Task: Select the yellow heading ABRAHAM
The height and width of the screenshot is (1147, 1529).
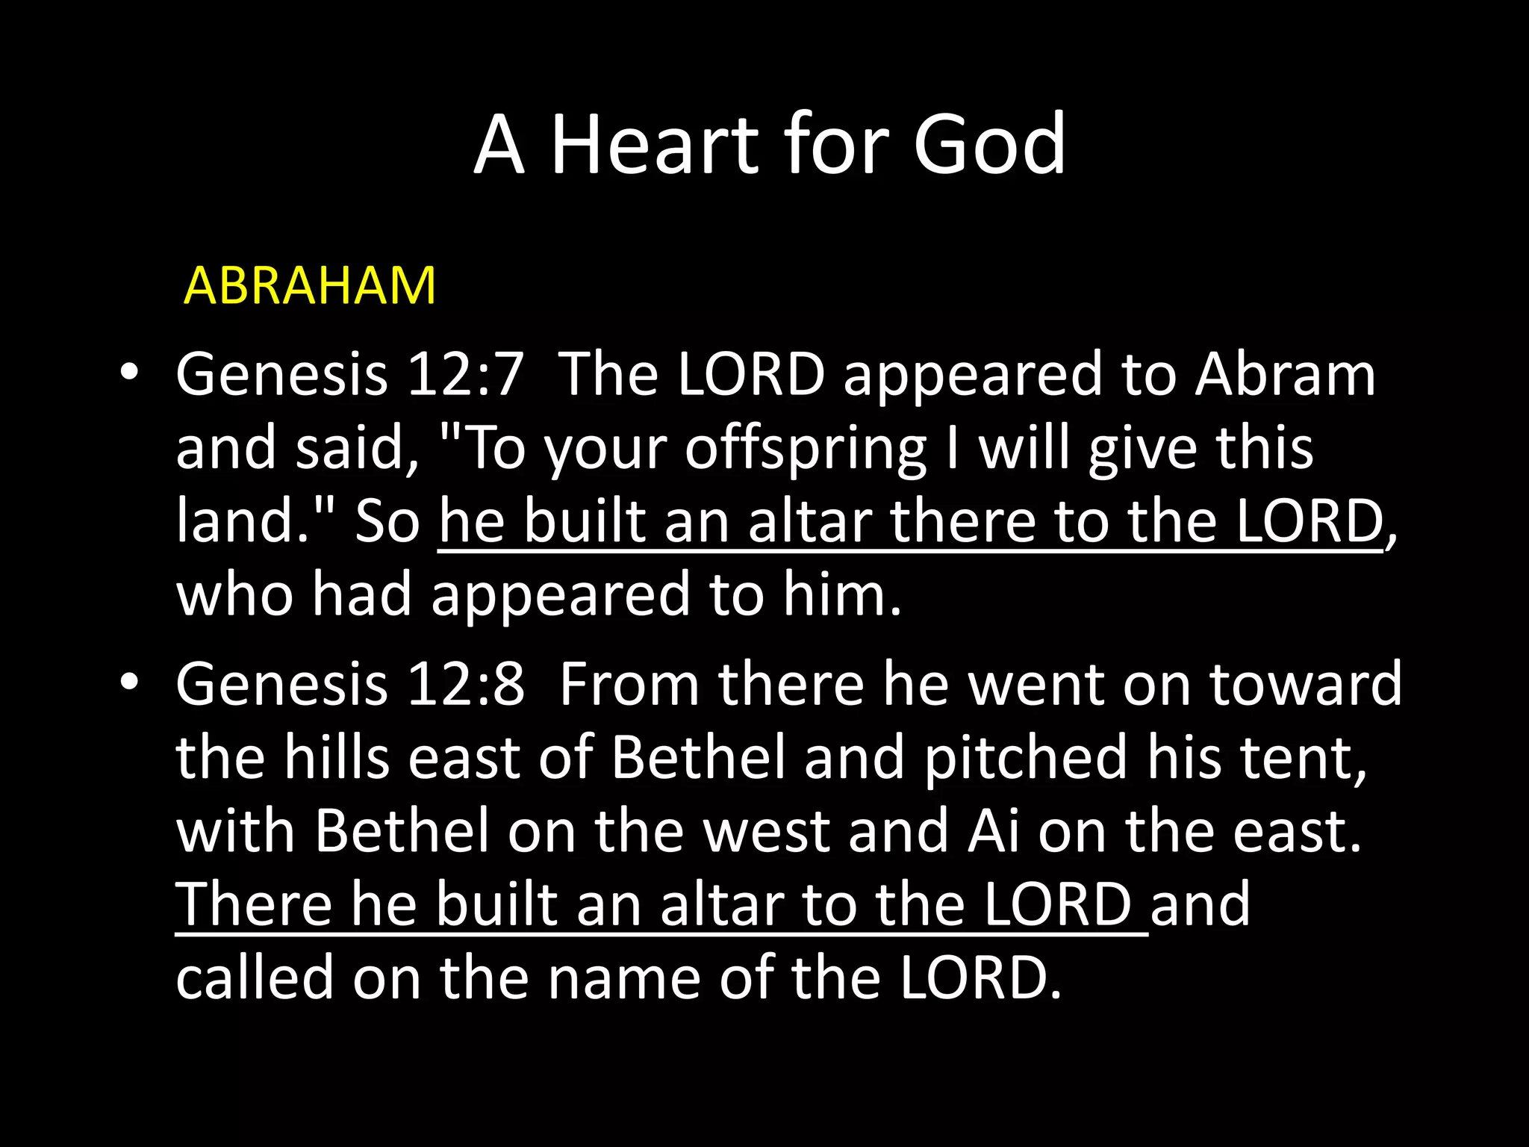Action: (309, 285)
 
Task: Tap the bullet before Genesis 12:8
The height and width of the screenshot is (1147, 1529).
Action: (129, 682)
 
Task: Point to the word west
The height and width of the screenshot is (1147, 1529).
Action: (767, 830)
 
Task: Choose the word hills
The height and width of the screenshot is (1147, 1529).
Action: (337, 757)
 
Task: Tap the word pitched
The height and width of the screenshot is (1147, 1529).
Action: (1025, 757)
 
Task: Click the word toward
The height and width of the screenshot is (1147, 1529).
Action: (1305, 684)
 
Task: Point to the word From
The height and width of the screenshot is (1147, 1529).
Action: (629, 684)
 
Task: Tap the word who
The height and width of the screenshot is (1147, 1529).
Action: (234, 594)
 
